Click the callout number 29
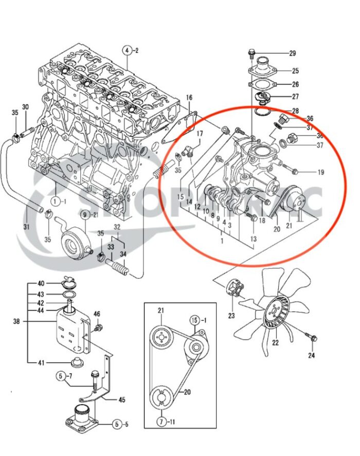click(x=293, y=54)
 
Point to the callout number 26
click(x=295, y=84)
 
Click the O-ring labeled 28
click(x=263, y=111)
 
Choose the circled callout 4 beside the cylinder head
click(x=126, y=50)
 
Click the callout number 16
click(x=189, y=98)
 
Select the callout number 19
click(x=320, y=172)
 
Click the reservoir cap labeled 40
click(x=67, y=283)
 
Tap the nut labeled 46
click(x=99, y=326)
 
